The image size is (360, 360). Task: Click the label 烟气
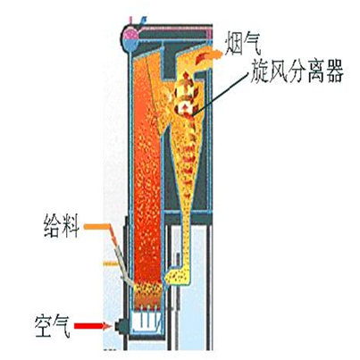click(x=243, y=44)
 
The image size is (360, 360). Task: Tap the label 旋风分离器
click(x=297, y=71)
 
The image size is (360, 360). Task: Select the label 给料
click(x=62, y=226)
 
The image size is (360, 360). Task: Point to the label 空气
click(x=53, y=326)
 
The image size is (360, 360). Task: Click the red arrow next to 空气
click(x=93, y=326)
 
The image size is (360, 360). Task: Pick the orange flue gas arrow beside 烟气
click(x=208, y=55)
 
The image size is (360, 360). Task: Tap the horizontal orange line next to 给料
click(x=96, y=227)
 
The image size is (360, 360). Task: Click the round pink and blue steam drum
click(x=130, y=37)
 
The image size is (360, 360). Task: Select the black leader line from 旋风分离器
click(x=221, y=93)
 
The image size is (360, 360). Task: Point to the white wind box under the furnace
click(x=146, y=321)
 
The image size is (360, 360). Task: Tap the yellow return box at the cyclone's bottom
click(x=178, y=275)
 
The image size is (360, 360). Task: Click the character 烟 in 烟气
click(x=233, y=44)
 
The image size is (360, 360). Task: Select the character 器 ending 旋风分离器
click(x=335, y=71)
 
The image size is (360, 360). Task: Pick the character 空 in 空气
click(x=44, y=326)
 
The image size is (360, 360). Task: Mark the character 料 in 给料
click(x=71, y=226)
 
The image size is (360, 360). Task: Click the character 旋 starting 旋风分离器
click(x=259, y=71)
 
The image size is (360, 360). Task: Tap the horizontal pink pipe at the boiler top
click(x=176, y=29)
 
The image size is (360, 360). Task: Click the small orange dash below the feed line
click(x=111, y=264)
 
